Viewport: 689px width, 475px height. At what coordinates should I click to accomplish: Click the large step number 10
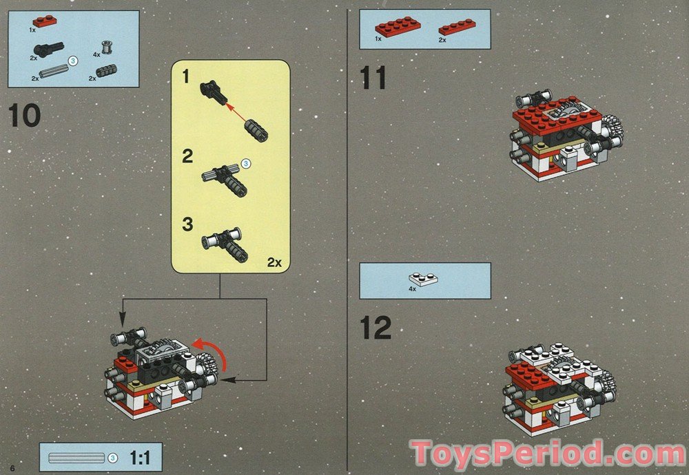tap(25, 116)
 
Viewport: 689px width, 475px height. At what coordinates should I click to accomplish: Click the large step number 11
tap(373, 78)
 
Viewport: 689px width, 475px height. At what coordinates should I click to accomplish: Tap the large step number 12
tap(376, 328)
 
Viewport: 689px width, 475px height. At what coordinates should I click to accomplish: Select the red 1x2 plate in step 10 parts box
tap(44, 21)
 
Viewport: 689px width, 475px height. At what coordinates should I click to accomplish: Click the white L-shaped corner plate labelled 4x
tap(423, 279)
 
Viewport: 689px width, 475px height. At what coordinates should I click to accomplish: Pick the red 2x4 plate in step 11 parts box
tap(398, 27)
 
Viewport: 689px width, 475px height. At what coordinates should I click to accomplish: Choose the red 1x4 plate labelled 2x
tap(457, 28)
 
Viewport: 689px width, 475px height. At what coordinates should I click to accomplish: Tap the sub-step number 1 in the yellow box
tap(186, 76)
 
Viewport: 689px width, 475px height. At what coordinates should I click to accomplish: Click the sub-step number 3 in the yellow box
tap(187, 224)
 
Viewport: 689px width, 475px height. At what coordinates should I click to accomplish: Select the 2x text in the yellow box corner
tap(274, 262)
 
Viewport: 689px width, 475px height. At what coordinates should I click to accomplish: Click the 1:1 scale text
tap(140, 458)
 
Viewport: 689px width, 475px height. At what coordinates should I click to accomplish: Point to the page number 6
tap(12, 468)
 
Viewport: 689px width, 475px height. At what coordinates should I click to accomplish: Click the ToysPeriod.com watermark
tap(548, 453)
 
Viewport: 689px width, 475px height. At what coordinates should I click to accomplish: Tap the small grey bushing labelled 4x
tap(106, 47)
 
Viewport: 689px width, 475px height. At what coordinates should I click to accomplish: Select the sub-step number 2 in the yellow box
tap(187, 156)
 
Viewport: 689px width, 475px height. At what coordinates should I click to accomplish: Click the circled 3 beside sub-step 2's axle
tap(246, 164)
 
